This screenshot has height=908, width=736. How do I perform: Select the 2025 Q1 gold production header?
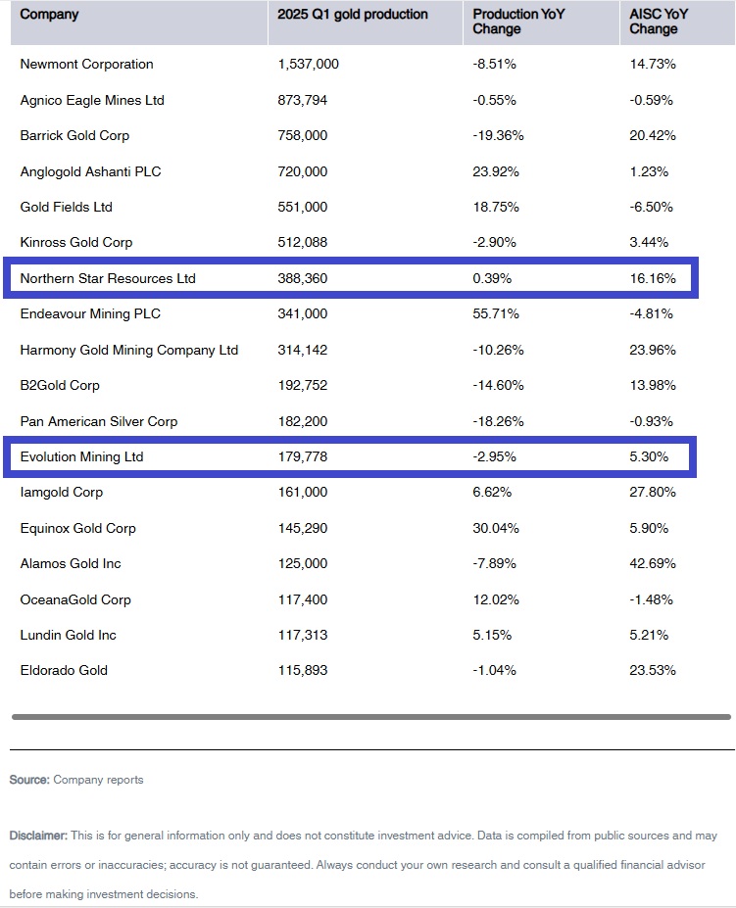[x=352, y=15]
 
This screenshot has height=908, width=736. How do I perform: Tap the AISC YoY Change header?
[x=659, y=22]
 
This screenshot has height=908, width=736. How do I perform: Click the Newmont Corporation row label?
[x=86, y=65]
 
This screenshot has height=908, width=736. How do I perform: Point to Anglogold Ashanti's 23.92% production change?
[x=496, y=171]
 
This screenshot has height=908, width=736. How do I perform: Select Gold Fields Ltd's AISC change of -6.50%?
[x=653, y=207]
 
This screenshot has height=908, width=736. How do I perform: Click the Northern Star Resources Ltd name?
[x=108, y=278]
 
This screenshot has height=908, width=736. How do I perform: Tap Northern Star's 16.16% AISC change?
[x=653, y=278]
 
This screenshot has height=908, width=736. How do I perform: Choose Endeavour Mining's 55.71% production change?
[x=496, y=313]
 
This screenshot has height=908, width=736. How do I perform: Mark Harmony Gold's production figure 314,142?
[x=302, y=350]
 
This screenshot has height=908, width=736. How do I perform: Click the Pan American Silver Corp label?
[x=99, y=421]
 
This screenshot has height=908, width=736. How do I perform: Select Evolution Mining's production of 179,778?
[x=302, y=456]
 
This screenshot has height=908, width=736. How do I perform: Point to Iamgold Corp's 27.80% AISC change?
[x=653, y=492]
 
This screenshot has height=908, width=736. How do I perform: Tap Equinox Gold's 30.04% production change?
[x=496, y=528]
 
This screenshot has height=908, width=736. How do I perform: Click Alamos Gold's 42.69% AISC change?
[x=653, y=563]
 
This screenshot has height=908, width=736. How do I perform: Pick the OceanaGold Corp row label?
[x=75, y=599]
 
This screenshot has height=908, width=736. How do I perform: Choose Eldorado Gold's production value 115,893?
[x=302, y=670]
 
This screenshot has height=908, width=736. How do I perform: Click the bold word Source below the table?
[x=29, y=780]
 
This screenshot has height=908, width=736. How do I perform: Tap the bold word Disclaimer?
[x=38, y=836]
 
